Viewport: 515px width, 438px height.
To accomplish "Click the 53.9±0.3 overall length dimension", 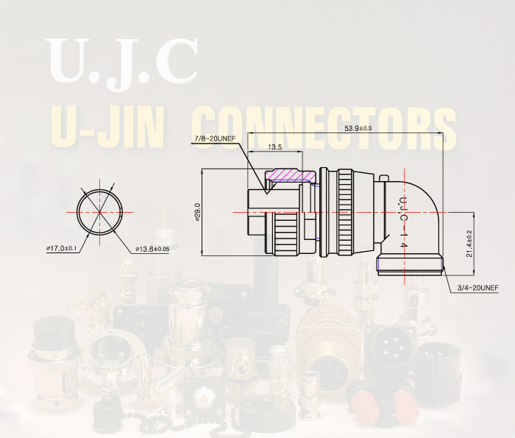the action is (x=358, y=128).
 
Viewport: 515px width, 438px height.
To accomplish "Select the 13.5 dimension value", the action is (x=275, y=147).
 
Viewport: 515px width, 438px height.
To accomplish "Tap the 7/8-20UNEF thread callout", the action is (x=215, y=138).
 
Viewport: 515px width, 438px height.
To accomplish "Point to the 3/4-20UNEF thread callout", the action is (x=478, y=288).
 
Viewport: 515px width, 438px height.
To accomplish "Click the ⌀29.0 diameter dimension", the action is (x=197, y=212).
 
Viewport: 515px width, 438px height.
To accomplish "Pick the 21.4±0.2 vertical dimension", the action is (x=469, y=244).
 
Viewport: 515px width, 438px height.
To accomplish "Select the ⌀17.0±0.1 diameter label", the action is (x=61, y=248).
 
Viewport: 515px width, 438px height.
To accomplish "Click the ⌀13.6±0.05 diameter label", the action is (x=152, y=249).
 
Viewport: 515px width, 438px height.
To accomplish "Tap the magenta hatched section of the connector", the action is (x=291, y=175).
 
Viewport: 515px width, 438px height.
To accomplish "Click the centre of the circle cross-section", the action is (x=99, y=212).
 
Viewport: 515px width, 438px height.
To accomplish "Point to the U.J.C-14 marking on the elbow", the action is (x=403, y=222).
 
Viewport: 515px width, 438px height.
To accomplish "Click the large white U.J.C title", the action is (x=122, y=63).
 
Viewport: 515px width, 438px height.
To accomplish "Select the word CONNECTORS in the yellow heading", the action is (x=324, y=127).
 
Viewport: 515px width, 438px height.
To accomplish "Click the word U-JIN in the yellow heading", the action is (x=107, y=127).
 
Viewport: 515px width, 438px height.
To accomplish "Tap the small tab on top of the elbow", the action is (x=383, y=177).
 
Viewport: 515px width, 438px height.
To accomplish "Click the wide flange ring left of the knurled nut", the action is (x=324, y=212).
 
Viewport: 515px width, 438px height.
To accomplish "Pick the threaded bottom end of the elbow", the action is (x=411, y=264).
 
